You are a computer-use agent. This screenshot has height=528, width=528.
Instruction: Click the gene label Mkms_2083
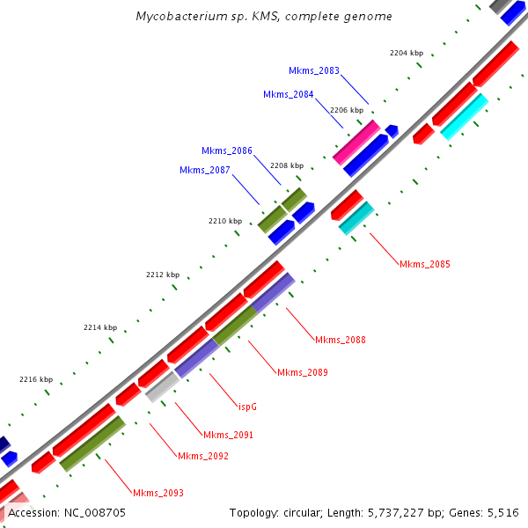314,70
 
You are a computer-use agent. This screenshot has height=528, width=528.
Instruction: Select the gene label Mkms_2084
289,94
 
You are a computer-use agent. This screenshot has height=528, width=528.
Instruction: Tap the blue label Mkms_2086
227,150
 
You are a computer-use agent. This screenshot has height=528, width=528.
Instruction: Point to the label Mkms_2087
205,170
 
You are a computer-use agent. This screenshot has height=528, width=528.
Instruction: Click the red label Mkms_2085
425,264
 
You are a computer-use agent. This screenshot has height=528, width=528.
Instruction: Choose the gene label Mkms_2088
341,340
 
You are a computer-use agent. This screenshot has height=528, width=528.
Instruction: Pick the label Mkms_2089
303,373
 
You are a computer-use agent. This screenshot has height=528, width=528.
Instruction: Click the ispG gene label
248,407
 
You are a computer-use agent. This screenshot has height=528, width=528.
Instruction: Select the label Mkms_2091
229,435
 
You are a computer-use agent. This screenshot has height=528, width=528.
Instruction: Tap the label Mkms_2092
203,456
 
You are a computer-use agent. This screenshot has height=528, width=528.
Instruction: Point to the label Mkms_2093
158,493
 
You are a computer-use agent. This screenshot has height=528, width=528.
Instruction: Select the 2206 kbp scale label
347,110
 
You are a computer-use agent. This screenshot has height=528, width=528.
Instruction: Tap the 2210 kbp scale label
224,221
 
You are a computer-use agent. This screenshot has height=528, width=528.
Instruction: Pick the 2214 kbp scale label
100,327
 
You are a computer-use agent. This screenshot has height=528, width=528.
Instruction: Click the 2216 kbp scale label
36,379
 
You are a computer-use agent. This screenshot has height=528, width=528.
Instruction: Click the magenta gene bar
356,142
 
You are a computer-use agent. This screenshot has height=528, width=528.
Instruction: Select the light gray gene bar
161,386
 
